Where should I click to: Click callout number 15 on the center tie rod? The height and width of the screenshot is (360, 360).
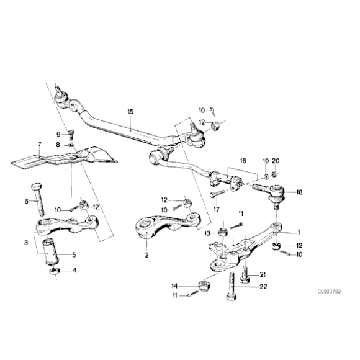130,112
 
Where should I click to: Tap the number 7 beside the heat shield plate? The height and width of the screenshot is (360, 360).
38,146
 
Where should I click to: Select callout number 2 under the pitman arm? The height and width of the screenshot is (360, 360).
146,254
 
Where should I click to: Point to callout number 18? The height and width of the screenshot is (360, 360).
300,193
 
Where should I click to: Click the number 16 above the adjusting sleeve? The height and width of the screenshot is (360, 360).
242,160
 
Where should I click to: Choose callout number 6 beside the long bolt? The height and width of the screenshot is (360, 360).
26,201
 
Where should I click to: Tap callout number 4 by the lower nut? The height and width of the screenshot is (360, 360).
75,270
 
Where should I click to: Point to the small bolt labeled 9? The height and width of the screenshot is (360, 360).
70,132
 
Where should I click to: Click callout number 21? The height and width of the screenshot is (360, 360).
263,275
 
